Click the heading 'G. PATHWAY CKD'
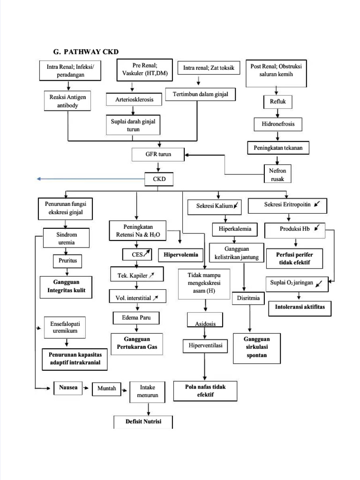coord(89,52)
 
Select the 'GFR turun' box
coord(158,154)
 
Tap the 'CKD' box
coord(159,179)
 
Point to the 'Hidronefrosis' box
coord(278,124)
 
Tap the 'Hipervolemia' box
coord(180,255)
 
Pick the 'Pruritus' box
coord(67,260)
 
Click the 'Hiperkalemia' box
coord(235,229)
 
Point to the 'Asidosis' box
coord(204,323)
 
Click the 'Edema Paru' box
coord(136,318)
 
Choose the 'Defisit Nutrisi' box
coord(143,421)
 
